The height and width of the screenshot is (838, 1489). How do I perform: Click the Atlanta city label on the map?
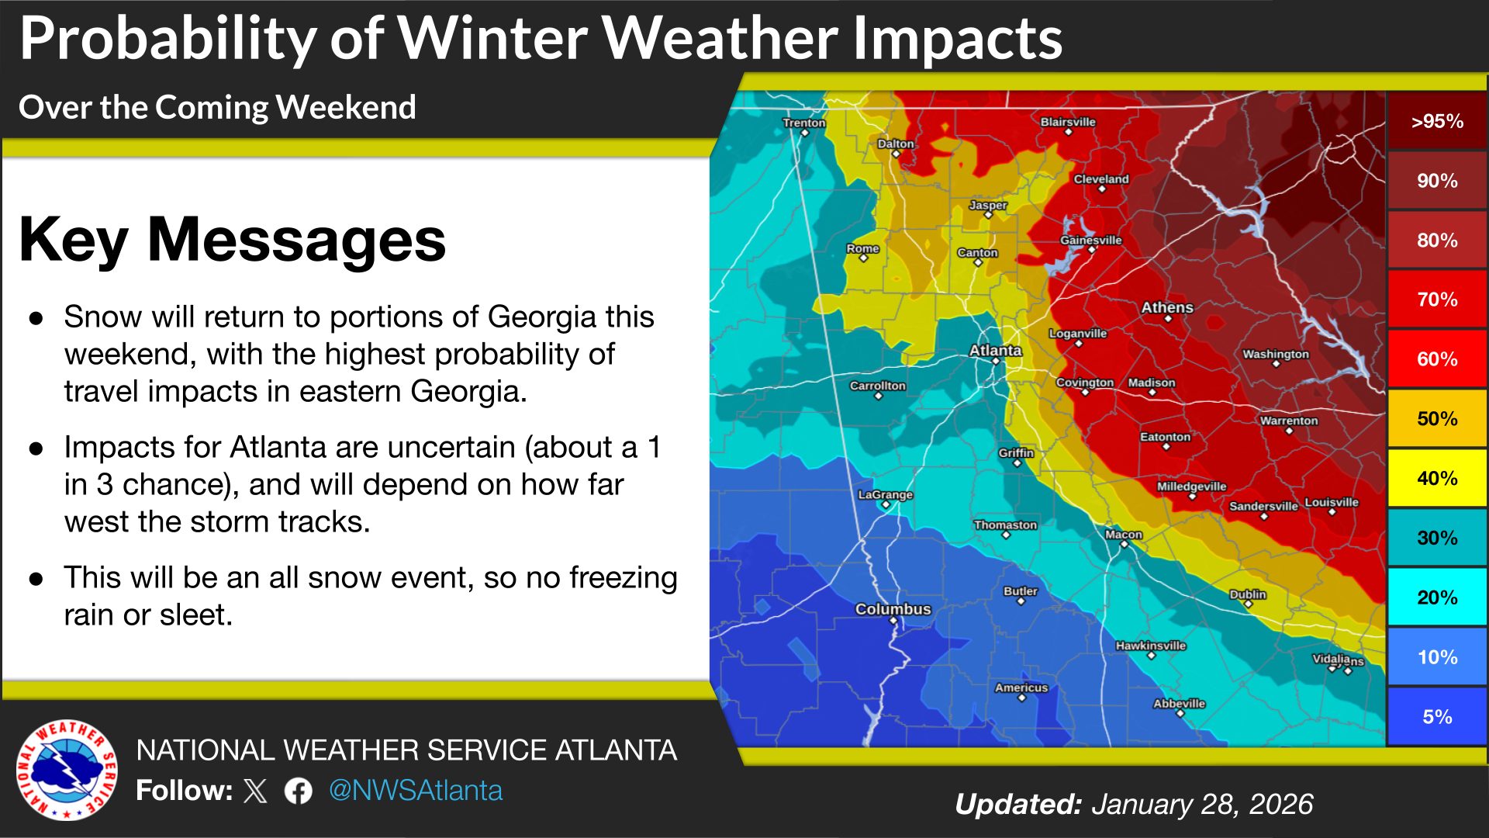[995, 351]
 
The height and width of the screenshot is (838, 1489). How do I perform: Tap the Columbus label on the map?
[893, 609]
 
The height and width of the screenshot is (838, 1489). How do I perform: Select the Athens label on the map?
[1166, 307]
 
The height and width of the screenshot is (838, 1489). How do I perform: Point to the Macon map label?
[1123, 535]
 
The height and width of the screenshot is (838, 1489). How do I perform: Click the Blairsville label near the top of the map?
[1067, 122]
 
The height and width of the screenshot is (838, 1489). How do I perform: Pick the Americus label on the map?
[1021, 687]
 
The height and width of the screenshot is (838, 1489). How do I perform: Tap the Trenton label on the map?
[803, 123]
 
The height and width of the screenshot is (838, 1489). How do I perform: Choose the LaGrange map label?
[885, 494]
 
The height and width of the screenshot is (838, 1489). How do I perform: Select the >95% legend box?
[1436, 121]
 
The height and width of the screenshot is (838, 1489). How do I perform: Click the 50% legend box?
[1436, 419]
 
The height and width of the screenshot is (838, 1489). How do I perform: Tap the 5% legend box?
[1436, 717]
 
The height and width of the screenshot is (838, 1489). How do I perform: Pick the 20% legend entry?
[1436, 597]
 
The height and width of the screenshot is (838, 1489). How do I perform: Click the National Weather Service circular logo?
[67, 770]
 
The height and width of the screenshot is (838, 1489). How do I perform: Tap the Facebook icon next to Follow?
[298, 791]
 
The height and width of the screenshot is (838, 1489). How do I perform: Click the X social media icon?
[255, 791]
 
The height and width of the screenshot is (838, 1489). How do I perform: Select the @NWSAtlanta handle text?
[416, 791]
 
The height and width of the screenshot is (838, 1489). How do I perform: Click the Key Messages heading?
[232, 240]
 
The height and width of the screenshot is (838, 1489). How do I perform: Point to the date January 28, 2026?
[1202, 805]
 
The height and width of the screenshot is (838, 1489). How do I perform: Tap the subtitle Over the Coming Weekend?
[217, 107]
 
